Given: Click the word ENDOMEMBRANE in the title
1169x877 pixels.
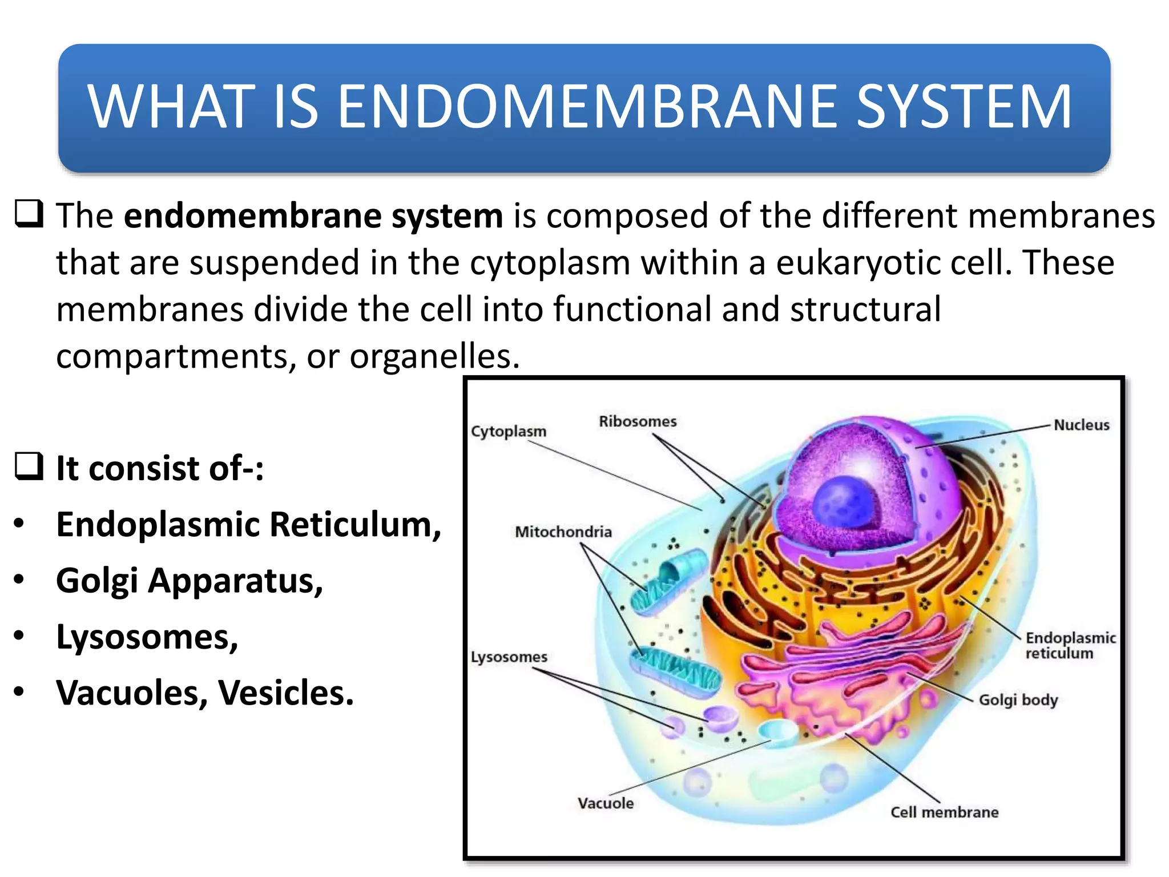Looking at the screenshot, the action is coord(588,107).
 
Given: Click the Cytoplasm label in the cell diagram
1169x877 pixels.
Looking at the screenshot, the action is coord(508,431).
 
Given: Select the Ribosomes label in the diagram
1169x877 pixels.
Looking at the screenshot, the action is coord(638,421).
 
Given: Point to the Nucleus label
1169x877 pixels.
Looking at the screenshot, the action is coord(1081,425).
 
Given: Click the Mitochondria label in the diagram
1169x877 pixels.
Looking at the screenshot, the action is coord(563,532).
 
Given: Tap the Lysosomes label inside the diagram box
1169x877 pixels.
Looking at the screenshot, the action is coord(509,657).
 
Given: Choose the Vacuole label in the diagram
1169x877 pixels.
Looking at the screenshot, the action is coord(606,803).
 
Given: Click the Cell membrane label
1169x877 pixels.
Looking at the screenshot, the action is coord(944,812).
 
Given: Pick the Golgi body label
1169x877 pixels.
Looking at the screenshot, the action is coord(1018,700).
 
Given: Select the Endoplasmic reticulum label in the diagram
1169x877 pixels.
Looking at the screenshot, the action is coord(1070,645).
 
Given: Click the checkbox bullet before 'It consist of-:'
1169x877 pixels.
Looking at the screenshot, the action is coord(28,466).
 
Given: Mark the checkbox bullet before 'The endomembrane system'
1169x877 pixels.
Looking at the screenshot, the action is coord(28,214).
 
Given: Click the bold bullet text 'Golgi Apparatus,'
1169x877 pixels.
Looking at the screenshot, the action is coord(190,581).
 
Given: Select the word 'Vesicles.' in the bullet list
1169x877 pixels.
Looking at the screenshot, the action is coord(286,693).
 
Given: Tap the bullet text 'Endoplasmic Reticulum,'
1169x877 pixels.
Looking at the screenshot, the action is coord(249,524).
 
